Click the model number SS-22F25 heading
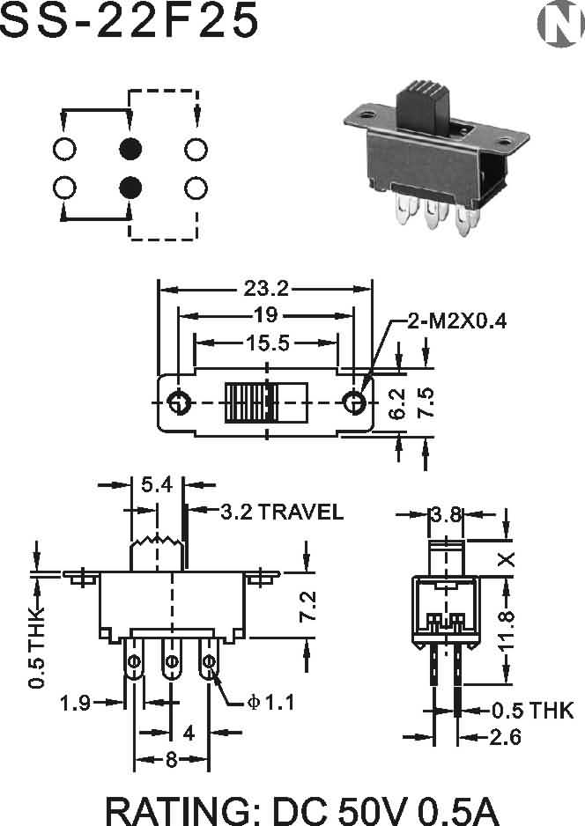tap(130, 20)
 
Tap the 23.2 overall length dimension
tap(266, 288)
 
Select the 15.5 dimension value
tap(267, 343)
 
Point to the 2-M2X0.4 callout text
tap(457, 321)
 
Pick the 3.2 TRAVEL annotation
tap(282, 512)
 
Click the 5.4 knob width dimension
tap(157, 484)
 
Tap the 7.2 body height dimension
tap(307, 606)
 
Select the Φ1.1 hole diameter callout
tap(270, 702)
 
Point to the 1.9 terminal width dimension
tap(75, 703)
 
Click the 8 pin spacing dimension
tap(171, 760)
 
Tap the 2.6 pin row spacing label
tap(506, 737)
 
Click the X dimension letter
tap(506, 559)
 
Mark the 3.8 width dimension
tap(446, 514)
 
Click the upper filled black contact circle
tap(130, 149)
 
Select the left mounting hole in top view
tap(178, 402)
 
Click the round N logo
tap(560, 24)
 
